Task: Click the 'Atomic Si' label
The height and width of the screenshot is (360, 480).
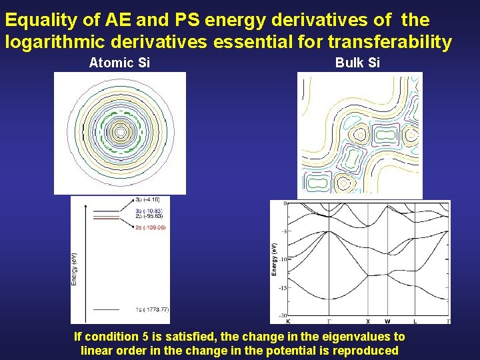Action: coord(119,63)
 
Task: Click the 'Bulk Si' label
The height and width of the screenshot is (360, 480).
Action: coord(357,63)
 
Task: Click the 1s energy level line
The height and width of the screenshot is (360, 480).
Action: coord(106,309)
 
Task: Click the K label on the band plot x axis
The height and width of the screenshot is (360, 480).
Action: coord(288,321)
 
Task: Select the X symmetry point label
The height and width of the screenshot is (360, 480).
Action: coord(368,321)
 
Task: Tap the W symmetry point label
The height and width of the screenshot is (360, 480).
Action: coord(387,321)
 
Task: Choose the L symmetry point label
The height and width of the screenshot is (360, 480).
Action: coord(415,321)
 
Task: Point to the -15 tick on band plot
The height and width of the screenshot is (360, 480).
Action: coord(282,288)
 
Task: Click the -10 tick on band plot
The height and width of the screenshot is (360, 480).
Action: coord(282,260)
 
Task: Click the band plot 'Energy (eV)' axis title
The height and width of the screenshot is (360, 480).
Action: coord(274,260)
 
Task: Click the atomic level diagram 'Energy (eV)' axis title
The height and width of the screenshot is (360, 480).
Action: coord(74,268)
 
